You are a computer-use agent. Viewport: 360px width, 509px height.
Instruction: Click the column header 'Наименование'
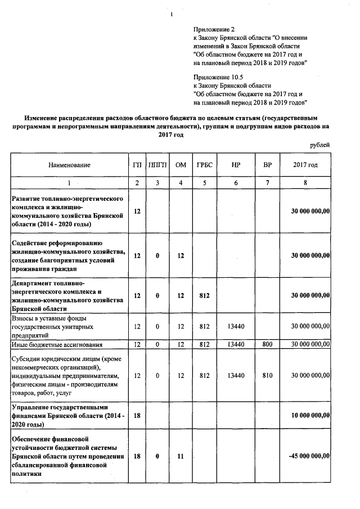click(x=69, y=165)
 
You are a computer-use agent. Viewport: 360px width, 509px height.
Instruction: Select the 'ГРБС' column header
click(x=204, y=165)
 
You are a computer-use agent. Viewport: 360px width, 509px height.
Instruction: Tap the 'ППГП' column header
click(x=157, y=165)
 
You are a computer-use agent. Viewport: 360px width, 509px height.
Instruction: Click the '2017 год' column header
click(x=305, y=165)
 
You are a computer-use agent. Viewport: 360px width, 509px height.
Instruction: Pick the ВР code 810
click(x=267, y=374)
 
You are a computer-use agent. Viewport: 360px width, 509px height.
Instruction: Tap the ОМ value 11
click(x=181, y=456)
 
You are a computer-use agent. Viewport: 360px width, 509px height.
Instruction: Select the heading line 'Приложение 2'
click(x=214, y=29)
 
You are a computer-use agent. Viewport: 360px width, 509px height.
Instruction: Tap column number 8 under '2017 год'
click(x=305, y=183)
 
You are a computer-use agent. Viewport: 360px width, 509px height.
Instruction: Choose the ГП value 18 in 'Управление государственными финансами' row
click(x=137, y=415)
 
